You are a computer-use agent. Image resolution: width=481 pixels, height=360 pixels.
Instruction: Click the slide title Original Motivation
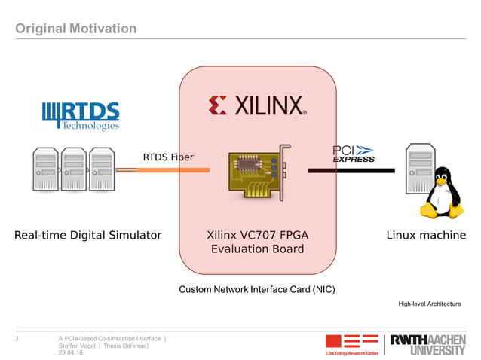click(76, 29)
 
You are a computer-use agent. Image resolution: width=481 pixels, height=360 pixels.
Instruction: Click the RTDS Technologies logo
click(81, 115)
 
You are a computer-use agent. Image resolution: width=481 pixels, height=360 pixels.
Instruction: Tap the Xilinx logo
click(257, 105)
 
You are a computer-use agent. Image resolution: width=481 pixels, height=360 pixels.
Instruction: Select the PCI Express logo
click(354, 154)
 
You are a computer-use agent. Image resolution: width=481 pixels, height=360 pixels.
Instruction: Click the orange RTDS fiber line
click(173, 171)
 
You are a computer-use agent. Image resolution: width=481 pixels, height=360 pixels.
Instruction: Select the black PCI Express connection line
click(351, 171)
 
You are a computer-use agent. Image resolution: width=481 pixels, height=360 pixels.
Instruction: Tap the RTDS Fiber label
click(168, 157)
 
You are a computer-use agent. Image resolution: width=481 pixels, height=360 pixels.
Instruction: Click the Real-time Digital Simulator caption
click(88, 236)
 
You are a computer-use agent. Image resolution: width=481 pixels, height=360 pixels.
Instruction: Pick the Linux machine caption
click(426, 236)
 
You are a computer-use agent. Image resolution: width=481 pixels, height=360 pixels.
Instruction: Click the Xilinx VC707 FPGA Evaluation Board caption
click(257, 243)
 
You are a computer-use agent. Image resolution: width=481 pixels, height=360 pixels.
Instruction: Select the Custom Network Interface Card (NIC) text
click(256, 289)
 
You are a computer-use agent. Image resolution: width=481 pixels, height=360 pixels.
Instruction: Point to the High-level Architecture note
click(429, 304)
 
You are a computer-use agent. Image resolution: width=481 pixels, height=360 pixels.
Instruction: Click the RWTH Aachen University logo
click(427, 344)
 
